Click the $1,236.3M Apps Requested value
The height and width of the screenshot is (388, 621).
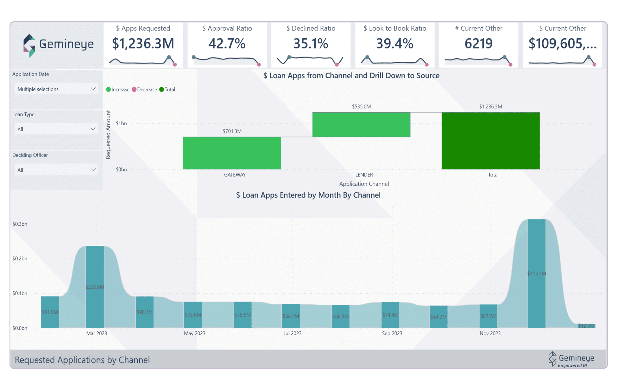point(143,44)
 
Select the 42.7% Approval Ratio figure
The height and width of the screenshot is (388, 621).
point(227,44)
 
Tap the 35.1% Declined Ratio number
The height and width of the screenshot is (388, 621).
point(311,44)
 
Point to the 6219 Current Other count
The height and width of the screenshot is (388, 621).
point(478,44)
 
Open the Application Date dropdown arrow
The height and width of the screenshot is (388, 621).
point(93,89)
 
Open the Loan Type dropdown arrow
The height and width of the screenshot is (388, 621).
point(93,129)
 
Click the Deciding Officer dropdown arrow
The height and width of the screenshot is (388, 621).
point(93,169)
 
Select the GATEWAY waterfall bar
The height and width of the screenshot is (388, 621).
point(232,153)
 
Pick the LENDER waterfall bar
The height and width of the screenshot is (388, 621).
point(361,124)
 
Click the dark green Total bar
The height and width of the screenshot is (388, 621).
point(491,141)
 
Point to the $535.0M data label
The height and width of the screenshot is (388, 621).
point(361,107)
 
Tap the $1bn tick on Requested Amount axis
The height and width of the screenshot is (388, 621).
point(121,124)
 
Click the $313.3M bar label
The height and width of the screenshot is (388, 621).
point(536,273)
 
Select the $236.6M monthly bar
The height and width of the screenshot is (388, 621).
point(95,286)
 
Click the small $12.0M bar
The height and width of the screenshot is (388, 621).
point(586,326)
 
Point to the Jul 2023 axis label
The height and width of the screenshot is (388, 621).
point(292,333)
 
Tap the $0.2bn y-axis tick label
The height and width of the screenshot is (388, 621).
point(20,259)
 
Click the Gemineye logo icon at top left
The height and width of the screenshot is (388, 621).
point(29,45)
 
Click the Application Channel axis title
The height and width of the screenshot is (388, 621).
point(364,184)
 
